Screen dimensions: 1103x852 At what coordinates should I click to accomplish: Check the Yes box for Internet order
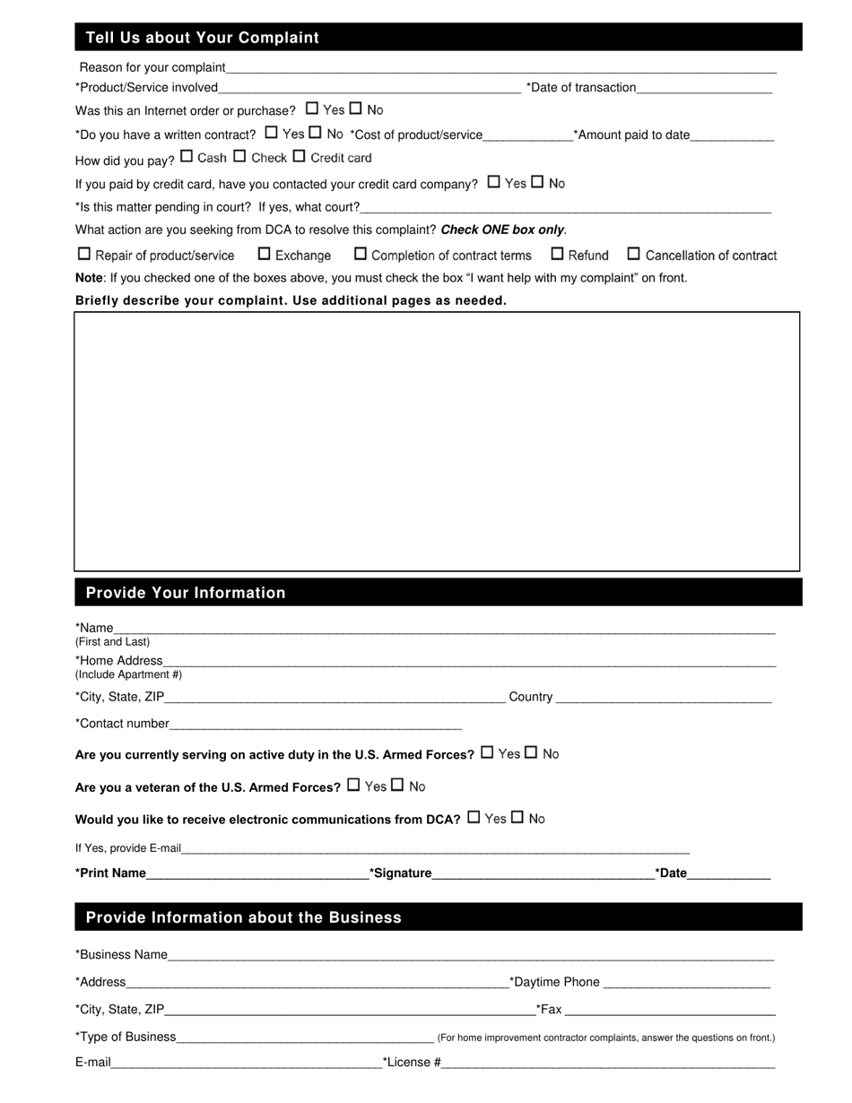pyautogui.click(x=312, y=109)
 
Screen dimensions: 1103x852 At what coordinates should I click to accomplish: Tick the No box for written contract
pyautogui.click(x=315, y=133)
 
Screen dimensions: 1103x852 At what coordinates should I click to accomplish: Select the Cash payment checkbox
pyautogui.click(x=187, y=156)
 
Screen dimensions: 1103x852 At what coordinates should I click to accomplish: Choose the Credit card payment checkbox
pyautogui.click(x=300, y=156)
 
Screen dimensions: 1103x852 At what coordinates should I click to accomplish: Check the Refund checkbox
pyautogui.click(x=557, y=254)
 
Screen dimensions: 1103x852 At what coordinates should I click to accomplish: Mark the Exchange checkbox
pyautogui.click(x=265, y=254)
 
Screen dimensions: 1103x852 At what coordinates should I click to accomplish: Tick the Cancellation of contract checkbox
pyautogui.click(x=634, y=254)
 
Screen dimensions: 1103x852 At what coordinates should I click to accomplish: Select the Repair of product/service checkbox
pyautogui.click(x=84, y=254)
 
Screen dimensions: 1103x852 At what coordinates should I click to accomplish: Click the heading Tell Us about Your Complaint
pyautogui.click(x=203, y=38)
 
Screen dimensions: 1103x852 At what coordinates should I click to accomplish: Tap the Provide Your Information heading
pyautogui.click(x=186, y=593)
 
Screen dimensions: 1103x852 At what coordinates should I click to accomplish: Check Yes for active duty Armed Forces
pyautogui.click(x=487, y=752)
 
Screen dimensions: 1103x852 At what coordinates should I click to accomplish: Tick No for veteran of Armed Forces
pyautogui.click(x=397, y=786)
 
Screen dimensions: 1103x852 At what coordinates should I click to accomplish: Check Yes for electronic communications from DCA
pyautogui.click(x=474, y=818)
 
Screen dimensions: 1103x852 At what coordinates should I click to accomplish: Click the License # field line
pyautogui.click(x=608, y=1064)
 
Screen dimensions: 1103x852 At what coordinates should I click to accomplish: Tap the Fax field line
pyautogui.click(x=670, y=1012)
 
